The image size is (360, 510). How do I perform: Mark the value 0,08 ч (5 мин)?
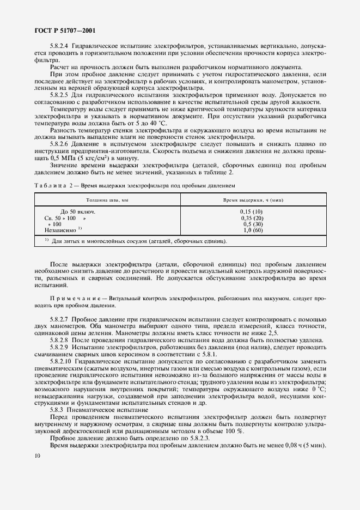pos(307,446)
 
